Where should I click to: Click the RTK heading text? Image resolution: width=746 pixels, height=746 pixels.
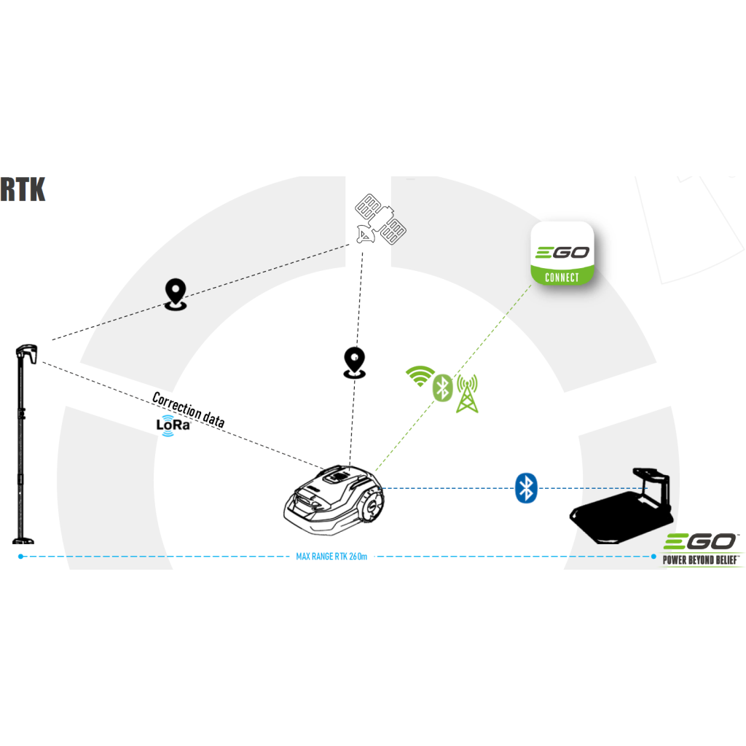[x=23, y=189]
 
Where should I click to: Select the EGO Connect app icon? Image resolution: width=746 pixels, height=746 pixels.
[x=562, y=253]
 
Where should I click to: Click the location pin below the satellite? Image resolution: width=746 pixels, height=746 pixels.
[x=354, y=363]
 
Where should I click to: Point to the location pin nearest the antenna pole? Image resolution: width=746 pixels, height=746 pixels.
[x=176, y=294]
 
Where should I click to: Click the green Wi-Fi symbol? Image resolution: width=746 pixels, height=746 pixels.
[x=419, y=376]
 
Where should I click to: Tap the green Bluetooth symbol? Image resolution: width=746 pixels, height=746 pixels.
[x=443, y=387]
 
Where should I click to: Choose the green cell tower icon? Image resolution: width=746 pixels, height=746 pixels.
[x=466, y=393]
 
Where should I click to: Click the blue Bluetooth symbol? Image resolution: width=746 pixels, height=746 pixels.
[x=525, y=487]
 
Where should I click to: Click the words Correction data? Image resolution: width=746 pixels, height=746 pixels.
[x=188, y=409]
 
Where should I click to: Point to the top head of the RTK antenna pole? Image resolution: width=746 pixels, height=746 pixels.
[x=28, y=353]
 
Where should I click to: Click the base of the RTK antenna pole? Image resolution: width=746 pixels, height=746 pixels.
[x=23, y=540]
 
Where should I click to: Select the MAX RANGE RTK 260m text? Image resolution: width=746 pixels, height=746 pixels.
[x=331, y=557]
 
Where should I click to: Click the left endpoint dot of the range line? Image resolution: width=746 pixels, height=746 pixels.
[x=20, y=557]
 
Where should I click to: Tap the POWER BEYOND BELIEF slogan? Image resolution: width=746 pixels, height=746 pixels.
[x=701, y=559]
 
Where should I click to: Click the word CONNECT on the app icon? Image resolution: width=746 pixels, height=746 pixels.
[x=562, y=277]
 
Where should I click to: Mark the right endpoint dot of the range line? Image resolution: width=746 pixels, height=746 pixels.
[x=653, y=557]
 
